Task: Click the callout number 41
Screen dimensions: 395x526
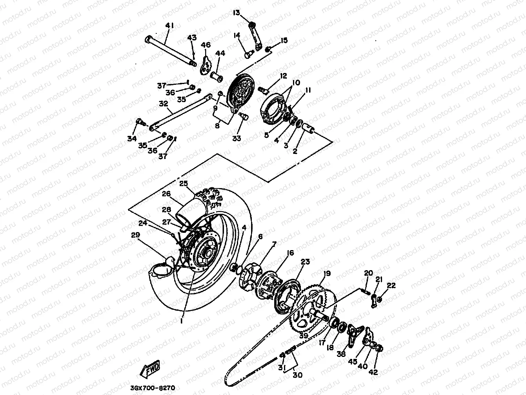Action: coord(169,26)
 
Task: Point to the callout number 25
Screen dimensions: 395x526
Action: coord(184,183)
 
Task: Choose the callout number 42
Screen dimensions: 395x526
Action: coord(373,372)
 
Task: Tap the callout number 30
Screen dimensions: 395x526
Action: coord(298,375)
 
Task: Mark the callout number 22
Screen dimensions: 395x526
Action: coord(391,285)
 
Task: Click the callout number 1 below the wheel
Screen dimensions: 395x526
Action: coord(181,321)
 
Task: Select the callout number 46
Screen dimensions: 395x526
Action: coord(206,46)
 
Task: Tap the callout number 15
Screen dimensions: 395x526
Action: coord(284,40)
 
